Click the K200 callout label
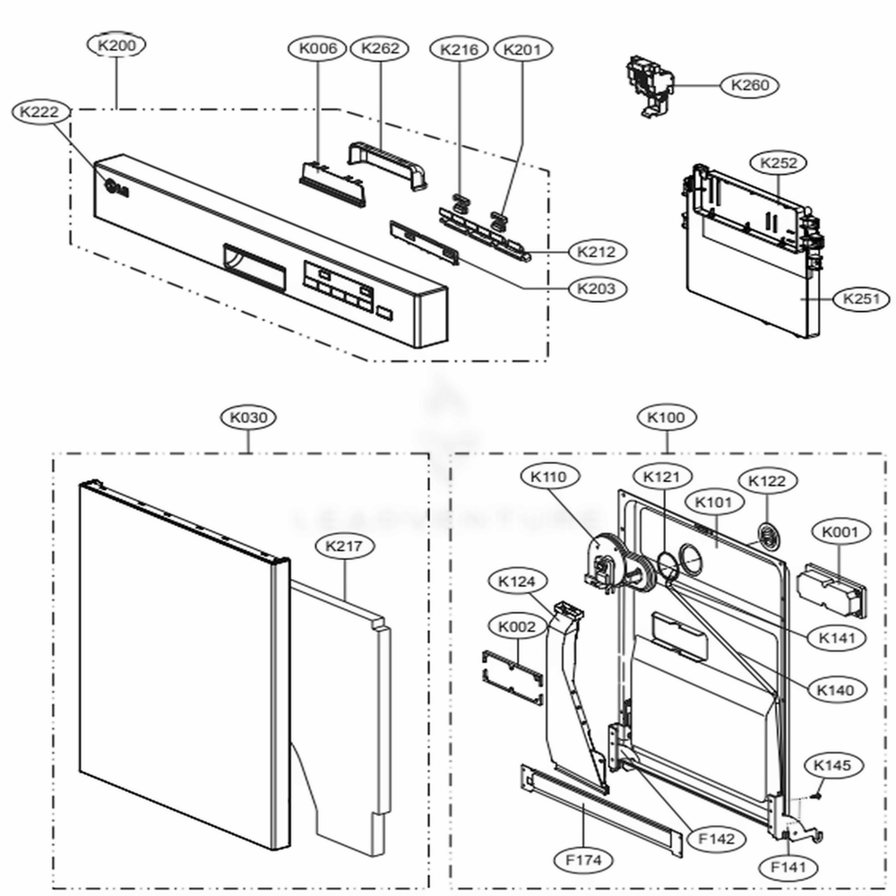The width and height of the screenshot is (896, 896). [117, 45]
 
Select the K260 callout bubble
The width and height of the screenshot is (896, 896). [749, 85]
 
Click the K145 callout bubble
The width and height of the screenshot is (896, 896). [832, 766]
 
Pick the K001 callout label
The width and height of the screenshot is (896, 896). [840, 532]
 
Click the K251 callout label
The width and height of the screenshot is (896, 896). [866, 299]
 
